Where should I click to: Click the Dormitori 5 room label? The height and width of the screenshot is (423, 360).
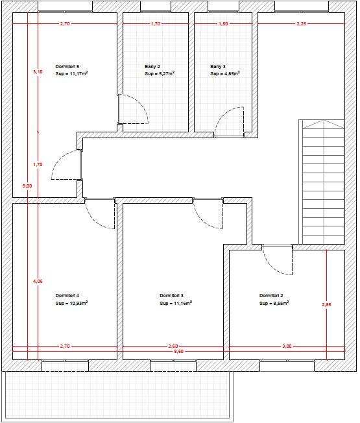pyautogui.click(x=67, y=66)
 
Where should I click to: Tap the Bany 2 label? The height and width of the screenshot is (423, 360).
pyautogui.click(x=152, y=66)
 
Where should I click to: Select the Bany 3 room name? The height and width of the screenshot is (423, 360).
pyautogui.click(x=218, y=66)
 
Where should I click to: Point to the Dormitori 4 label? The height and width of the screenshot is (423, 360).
pyautogui.click(x=67, y=296)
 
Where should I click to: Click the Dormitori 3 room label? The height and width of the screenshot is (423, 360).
pyautogui.click(x=171, y=296)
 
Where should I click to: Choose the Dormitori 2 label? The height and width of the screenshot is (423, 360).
pyautogui.click(x=271, y=296)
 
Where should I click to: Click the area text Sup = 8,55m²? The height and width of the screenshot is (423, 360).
pyautogui.click(x=274, y=303)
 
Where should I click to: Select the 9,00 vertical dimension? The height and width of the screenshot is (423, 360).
pyautogui.click(x=27, y=186)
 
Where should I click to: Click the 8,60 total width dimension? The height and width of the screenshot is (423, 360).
pyautogui.click(x=179, y=352)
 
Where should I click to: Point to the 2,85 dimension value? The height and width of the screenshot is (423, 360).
pyautogui.click(x=326, y=305)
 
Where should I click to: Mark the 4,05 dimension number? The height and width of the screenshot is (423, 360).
pyautogui.click(x=38, y=282)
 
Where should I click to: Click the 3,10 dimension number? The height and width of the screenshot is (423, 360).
pyautogui.click(x=38, y=72)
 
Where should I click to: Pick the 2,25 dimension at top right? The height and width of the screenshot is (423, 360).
pyautogui.click(x=302, y=24)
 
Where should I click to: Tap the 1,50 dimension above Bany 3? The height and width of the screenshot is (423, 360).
pyautogui.click(x=223, y=24)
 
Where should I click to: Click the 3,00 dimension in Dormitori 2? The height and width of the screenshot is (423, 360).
pyautogui.click(x=287, y=346)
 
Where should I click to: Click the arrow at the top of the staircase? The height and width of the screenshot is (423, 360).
pyautogui.click(x=323, y=125)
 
